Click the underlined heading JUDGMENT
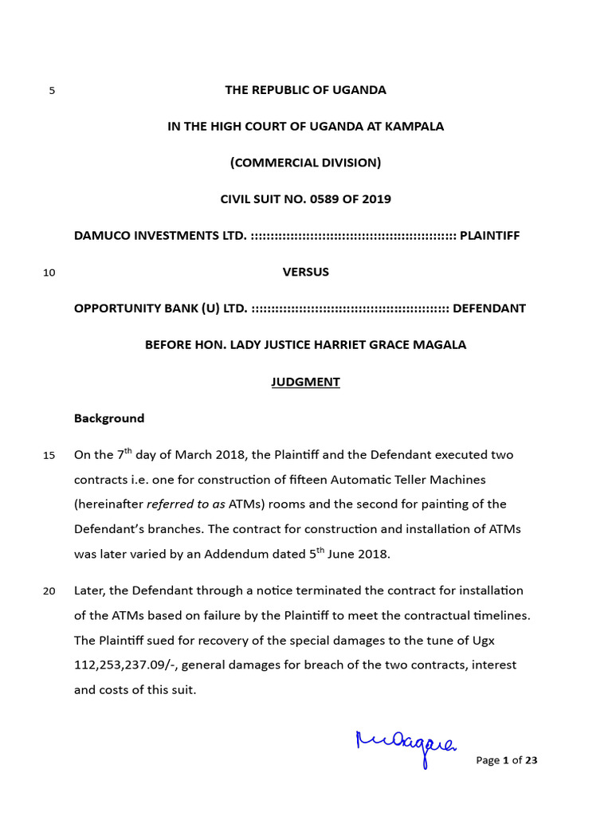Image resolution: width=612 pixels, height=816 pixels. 305,382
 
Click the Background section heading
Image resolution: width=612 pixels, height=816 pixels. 109,418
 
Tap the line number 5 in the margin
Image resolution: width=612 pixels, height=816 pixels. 52,91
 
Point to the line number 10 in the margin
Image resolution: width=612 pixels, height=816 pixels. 49,273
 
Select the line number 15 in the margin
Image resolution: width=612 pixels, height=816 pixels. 49,456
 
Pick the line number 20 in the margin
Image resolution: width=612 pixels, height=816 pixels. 49,591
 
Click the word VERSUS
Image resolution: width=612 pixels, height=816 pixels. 305,272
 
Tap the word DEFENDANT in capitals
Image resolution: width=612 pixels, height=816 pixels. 489,308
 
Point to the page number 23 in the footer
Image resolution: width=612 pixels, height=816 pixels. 532,760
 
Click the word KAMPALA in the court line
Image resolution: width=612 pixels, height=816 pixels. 416,127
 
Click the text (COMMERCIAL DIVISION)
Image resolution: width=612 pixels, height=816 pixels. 305,163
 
